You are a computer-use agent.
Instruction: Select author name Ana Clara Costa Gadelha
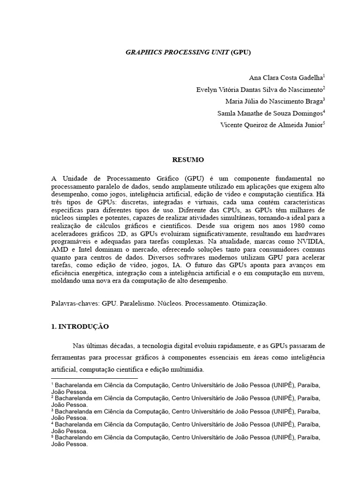pyautogui.click(x=286, y=77)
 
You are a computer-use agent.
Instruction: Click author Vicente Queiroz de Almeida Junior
pyautogui.click(x=271, y=125)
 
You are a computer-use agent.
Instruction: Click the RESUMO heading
pyautogui.click(x=188, y=160)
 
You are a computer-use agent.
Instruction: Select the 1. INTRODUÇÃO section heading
pyautogui.click(x=80, y=327)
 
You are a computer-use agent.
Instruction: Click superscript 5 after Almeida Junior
pyautogui.click(x=324, y=123)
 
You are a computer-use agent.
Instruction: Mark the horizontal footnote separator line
pyautogui.click(x=94, y=378)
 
